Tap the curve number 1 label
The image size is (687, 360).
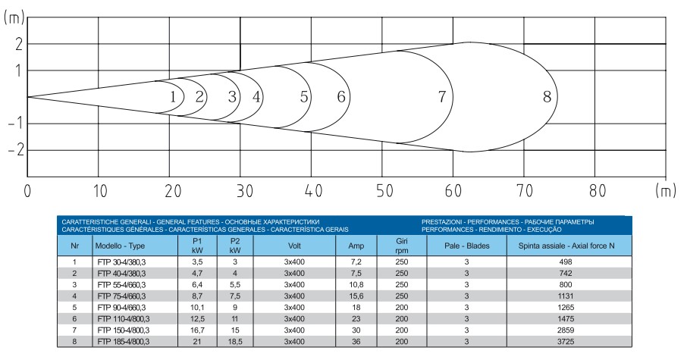(x=173, y=97)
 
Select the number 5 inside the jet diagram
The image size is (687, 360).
(x=304, y=96)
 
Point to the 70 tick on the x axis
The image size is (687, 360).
(x=524, y=191)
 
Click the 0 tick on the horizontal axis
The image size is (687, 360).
(x=27, y=191)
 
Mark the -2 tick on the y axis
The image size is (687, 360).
(x=15, y=150)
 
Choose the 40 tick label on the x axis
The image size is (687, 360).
(x=313, y=191)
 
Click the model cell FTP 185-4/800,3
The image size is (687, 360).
(x=124, y=342)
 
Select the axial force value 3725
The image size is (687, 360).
(x=566, y=342)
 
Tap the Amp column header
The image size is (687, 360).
(x=356, y=246)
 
